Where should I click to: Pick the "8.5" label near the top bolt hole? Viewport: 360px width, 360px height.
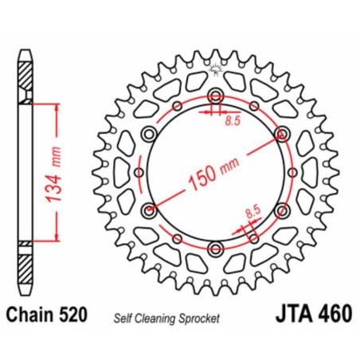pyautogui.click(x=232, y=122)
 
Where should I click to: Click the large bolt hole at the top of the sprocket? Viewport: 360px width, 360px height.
pyautogui.click(x=215, y=97)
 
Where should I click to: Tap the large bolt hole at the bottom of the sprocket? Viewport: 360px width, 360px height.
pyautogui.click(x=215, y=248)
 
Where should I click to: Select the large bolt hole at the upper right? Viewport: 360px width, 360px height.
pyautogui.click(x=280, y=134)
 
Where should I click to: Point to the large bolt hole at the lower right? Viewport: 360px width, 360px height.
pyautogui.click(x=280, y=211)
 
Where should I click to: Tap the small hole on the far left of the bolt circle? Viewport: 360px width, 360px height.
pyautogui.click(x=139, y=173)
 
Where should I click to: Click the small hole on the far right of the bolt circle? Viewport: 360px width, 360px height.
pyautogui.click(x=292, y=173)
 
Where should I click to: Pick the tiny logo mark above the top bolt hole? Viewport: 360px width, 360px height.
pyautogui.click(x=214, y=71)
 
